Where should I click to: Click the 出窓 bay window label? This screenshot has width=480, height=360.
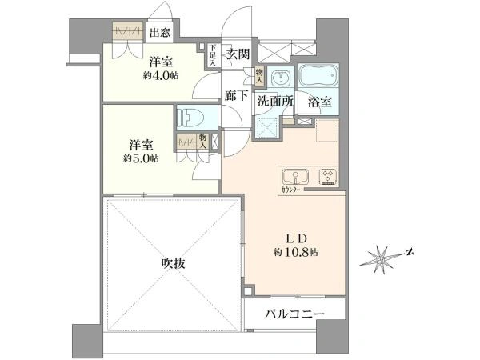(x=159, y=33)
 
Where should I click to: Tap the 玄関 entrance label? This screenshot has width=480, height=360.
(x=238, y=54)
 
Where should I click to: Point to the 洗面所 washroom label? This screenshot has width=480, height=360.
(x=273, y=102)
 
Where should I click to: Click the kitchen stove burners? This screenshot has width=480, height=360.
(x=328, y=175)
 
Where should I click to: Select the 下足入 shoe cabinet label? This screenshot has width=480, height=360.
(x=212, y=54)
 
